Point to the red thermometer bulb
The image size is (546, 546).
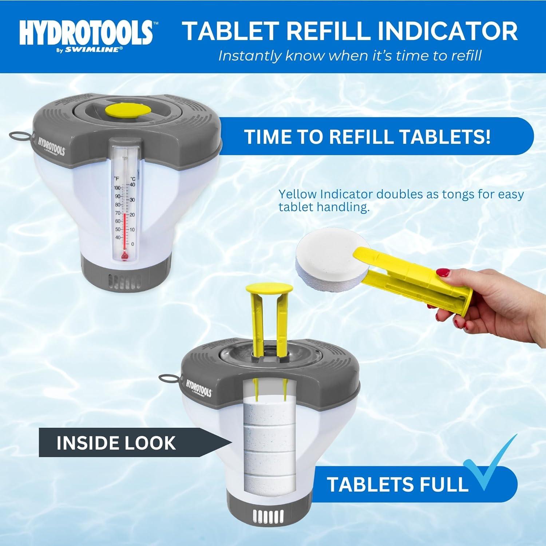(124, 257)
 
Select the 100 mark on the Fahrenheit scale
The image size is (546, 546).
(117, 188)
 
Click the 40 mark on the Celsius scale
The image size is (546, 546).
(132, 185)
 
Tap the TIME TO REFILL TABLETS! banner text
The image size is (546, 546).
(367, 137)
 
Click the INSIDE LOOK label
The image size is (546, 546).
(116, 443)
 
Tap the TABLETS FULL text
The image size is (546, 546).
(397, 484)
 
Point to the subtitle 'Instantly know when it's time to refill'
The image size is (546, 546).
(349, 56)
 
